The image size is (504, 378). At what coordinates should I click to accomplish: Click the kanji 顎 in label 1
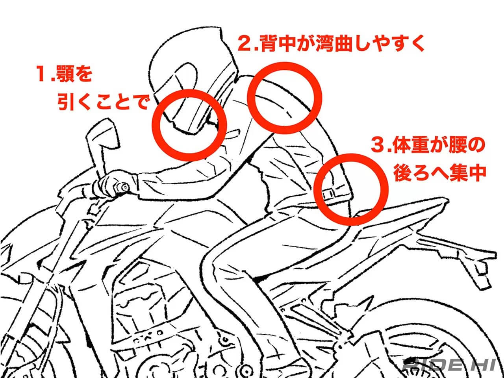pyautogui.click(x=65, y=74)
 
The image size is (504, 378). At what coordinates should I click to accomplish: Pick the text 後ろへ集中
pyautogui.click(x=440, y=173)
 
